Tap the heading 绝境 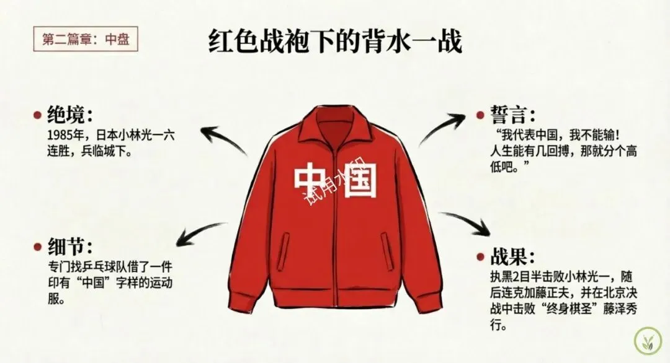[70, 115]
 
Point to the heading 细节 [70, 247]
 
